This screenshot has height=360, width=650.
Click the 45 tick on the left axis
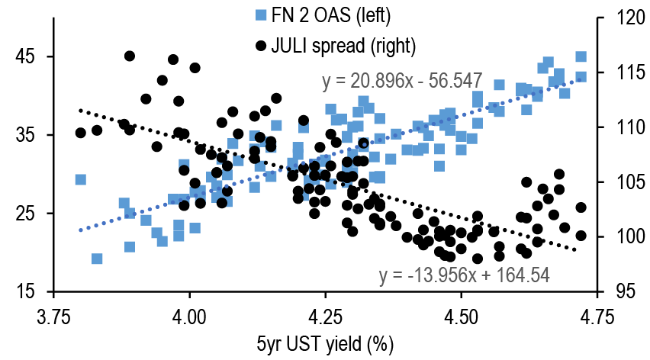(x=24, y=57)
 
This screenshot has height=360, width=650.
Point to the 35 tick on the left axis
(x=24, y=136)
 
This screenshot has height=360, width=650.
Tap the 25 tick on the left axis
(x=24, y=214)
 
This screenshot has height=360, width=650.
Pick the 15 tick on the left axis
(x=24, y=292)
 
